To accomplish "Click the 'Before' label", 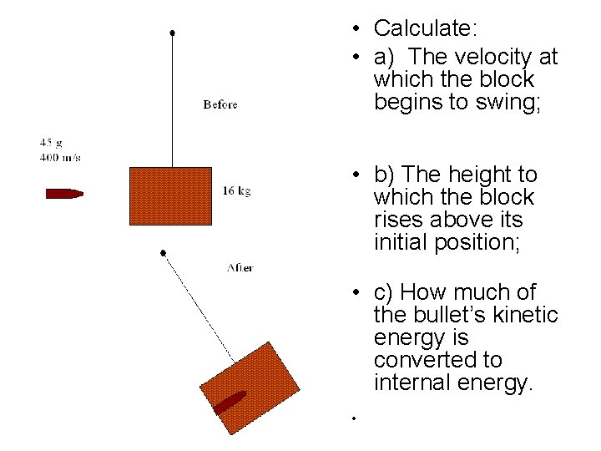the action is [220, 104].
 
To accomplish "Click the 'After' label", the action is [240, 267].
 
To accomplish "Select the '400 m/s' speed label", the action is [60, 157].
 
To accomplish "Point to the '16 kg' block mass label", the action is [236, 190].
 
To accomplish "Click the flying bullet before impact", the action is [64, 194].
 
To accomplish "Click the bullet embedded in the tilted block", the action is [229, 402].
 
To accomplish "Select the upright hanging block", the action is [171, 196].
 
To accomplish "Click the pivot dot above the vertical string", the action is [172, 33].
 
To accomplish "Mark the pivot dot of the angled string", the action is [164, 251].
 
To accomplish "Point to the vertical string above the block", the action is [172, 100].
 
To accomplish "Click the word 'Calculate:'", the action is [426, 28].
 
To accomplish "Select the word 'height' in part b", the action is [482, 175].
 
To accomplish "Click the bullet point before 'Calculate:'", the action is [356, 30].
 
